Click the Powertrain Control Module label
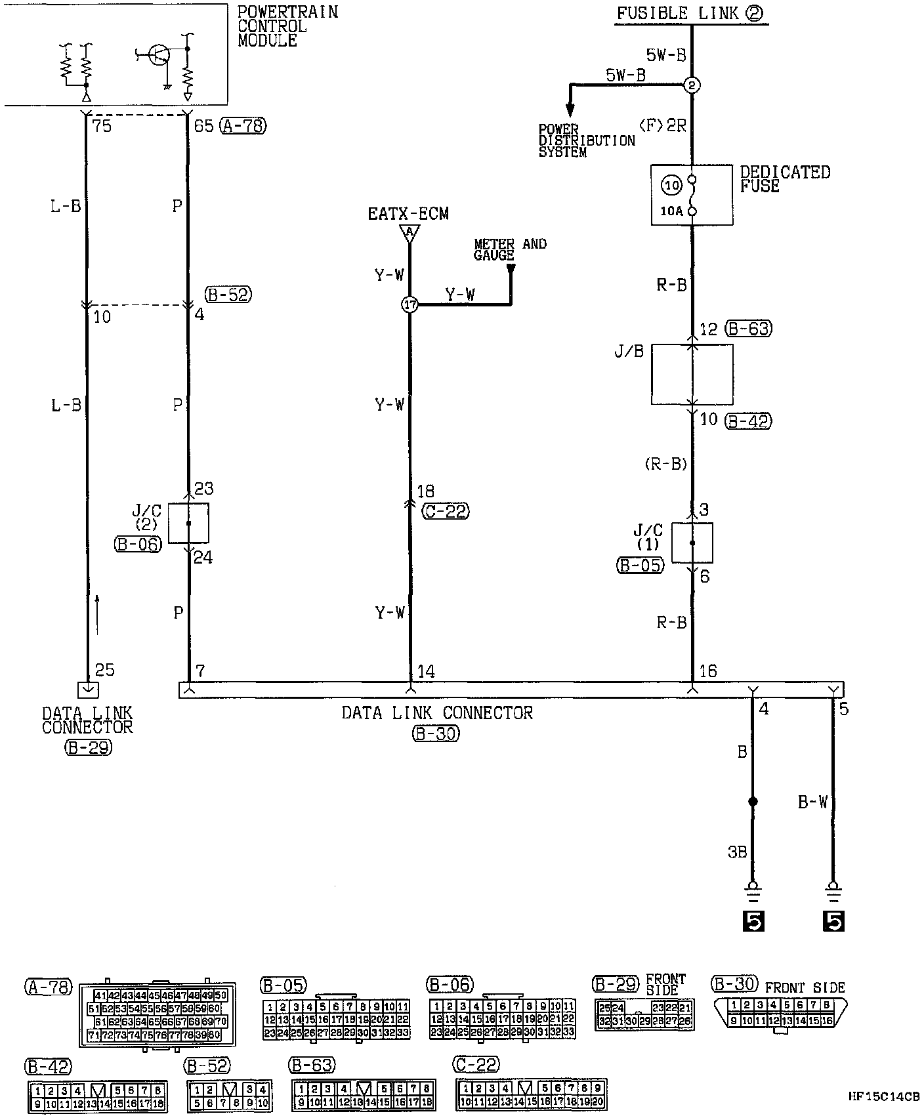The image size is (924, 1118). pyautogui.click(x=287, y=26)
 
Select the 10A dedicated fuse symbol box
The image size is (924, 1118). pyautogui.click(x=692, y=195)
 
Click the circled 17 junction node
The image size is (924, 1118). pyautogui.click(x=409, y=305)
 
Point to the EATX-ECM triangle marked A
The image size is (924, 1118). pyautogui.click(x=409, y=233)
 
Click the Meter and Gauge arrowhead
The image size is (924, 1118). pyautogui.click(x=511, y=268)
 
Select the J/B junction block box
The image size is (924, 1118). pyautogui.click(x=692, y=374)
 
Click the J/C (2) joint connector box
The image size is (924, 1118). pyautogui.click(x=188, y=523)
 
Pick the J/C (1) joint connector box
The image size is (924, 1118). pyautogui.click(x=692, y=543)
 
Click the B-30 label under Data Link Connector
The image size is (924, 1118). pyautogui.click(x=436, y=734)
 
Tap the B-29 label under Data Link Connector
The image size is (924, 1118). pyautogui.click(x=88, y=747)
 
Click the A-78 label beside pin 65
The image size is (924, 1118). pyautogui.click(x=243, y=125)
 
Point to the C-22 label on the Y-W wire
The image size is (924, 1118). pyautogui.click(x=446, y=511)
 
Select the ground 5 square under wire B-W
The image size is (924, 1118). pyautogui.click(x=833, y=922)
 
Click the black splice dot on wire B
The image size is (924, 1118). pyautogui.click(x=753, y=802)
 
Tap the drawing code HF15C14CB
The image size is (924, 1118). pyautogui.click(x=883, y=1096)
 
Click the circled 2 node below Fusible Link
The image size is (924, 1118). pyautogui.click(x=692, y=85)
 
